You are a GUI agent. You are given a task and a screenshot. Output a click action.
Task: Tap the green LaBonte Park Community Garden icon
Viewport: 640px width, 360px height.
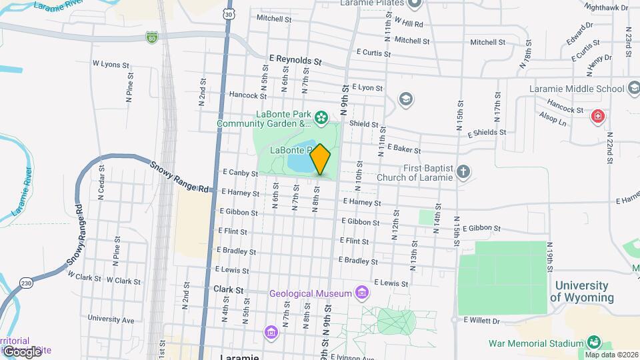321,118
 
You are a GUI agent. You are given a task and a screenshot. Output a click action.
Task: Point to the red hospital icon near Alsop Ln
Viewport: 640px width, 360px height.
599,117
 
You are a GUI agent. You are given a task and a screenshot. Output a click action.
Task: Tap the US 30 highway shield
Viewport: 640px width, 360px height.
229,13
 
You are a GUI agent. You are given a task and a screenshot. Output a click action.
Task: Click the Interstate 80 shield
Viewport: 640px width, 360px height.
153,39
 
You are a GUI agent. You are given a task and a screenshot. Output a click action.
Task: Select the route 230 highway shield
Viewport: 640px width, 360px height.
25,283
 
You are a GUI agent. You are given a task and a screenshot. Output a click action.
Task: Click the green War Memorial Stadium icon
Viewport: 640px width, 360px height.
592,343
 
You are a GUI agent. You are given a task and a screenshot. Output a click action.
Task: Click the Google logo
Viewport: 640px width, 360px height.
23,351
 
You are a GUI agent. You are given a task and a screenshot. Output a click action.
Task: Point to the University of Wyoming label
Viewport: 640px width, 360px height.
584,291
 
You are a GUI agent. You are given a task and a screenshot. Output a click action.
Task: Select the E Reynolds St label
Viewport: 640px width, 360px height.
295,60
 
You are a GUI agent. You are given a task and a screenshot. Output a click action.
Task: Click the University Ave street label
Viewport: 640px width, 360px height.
111,318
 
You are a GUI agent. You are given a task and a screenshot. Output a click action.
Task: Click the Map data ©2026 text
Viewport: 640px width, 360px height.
611,355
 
